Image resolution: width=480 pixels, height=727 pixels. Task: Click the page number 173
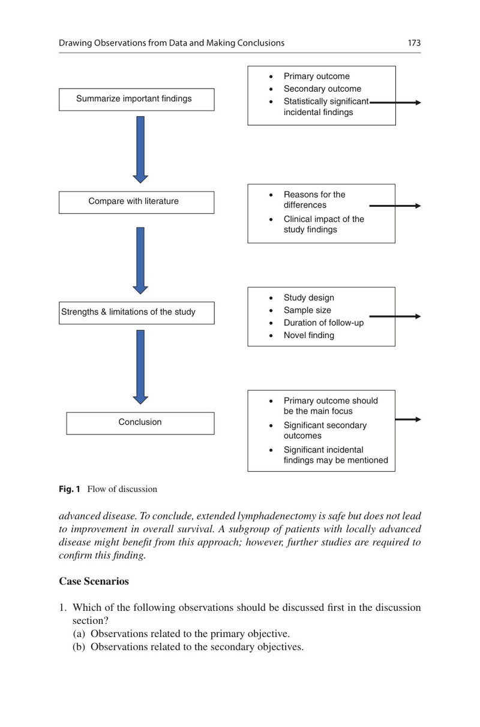click(414, 43)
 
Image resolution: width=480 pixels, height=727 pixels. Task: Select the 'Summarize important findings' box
click(136, 99)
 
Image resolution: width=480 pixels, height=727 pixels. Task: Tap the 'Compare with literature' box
click(136, 202)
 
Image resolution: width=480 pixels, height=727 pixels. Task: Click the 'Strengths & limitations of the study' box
click(136, 313)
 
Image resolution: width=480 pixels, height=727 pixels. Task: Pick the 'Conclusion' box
click(140, 423)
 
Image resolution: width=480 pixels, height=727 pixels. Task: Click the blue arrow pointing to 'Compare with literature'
click(140, 150)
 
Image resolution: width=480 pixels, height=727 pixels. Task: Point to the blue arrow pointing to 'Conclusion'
click(140, 367)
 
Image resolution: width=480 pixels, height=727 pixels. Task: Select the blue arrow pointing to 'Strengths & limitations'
click(140, 261)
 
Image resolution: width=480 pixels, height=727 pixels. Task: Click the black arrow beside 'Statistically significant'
click(395, 102)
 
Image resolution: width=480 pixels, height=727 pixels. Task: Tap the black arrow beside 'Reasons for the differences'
click(395, 206)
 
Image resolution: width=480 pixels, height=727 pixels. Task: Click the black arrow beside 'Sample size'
click(395, 316)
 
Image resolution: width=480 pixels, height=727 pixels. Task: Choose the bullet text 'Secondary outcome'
click(322, 89)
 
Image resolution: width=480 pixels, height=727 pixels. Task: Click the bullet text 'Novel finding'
click(309, 335)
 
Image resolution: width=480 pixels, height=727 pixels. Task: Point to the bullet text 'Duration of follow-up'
click(323, 322)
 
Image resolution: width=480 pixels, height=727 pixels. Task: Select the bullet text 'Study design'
click(309, 298)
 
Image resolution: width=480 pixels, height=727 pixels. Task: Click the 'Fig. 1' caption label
click(69, 489)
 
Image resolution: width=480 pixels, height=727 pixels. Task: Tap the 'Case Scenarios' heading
click(94, 581)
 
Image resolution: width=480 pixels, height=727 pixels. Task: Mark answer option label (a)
click(79, 634)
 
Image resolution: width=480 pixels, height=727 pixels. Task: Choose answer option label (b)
click(79, 647)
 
